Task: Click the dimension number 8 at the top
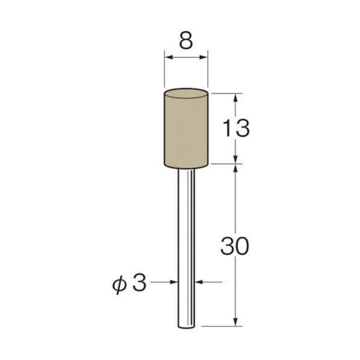186,42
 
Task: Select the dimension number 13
236,128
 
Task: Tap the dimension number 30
234,246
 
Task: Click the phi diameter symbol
119,285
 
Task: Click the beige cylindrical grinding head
186,128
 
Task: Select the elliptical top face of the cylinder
186,93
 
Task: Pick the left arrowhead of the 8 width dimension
169,57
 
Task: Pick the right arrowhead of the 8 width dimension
203,57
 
